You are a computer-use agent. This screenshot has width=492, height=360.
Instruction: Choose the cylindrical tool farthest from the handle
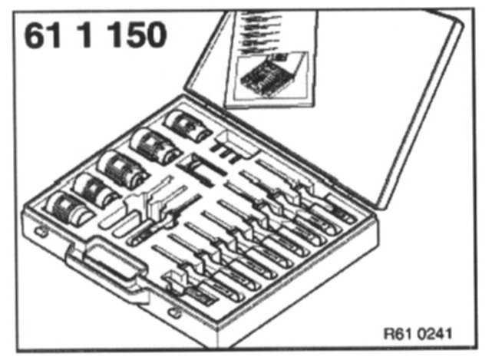click(x=184, y=123)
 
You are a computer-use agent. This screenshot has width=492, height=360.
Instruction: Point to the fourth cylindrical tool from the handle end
click(x=150, y=144)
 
